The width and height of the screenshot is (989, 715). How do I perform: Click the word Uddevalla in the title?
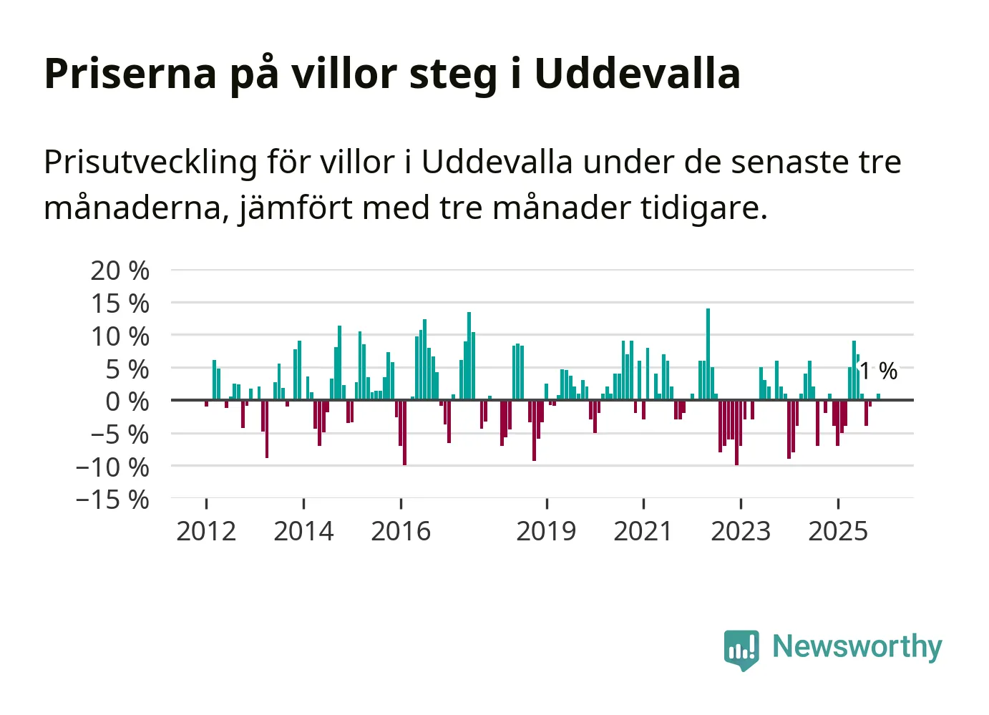[x=637, y=73]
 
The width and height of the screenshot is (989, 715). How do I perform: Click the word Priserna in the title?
[x=130, y=73]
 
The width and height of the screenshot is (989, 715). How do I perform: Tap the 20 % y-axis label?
[x=120, y=271]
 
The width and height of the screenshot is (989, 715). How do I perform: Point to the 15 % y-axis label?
[x=120, y=303]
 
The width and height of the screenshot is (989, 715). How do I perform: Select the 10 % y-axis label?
[x=120, y=336]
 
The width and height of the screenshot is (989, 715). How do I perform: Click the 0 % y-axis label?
[x=127, y=402]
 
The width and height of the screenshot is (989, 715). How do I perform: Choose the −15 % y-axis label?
[x=112, y=500]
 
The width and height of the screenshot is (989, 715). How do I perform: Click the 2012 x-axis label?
[x=206, y=531]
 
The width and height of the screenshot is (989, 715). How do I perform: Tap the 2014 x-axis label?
[x=303, y=531]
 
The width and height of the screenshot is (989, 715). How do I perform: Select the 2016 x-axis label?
[x=401, y=531]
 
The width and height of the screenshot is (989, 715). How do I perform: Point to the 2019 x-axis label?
[x=546, y=531]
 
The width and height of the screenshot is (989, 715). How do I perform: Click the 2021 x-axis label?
[x=643, y=531]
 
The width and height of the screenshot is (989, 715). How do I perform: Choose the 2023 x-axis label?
[x=741, y=531]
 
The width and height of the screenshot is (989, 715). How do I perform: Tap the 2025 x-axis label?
[x=838, y=531]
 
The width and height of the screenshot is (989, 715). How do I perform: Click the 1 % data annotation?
[x=878, y=371]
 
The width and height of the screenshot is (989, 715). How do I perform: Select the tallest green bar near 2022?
[x=708, y=354]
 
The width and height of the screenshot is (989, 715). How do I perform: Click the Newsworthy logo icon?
[x=741, y=649]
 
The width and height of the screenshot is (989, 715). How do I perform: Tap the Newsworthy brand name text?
[x=857, y=647]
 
